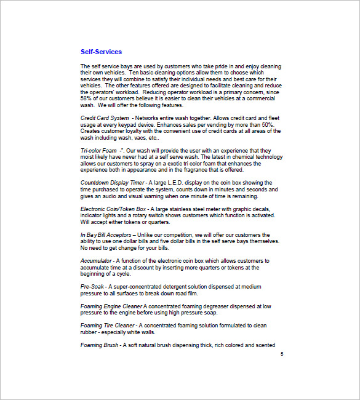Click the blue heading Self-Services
[x=101, y=52]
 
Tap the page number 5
[x=282, y=354]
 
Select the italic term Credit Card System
[x=105, y=118]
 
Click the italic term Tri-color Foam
[x=99, y=150]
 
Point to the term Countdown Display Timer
[x=112, y=183]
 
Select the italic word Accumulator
[x=95, y=261]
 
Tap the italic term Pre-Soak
[x=92, y=287]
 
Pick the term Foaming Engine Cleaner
[x=111, y=306]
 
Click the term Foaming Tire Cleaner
[x=107, y=326]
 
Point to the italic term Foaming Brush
[x=100, y=345]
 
